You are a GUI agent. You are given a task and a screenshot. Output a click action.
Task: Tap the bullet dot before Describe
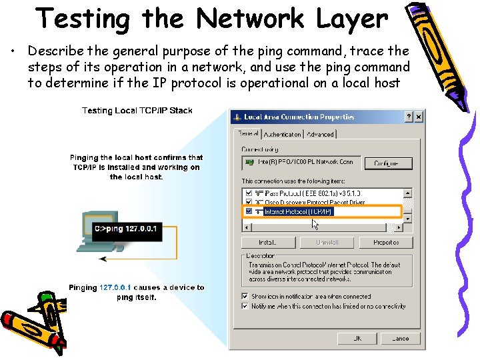click(16, 52)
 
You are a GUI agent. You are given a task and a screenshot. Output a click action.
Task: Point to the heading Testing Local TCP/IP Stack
click(137, 111)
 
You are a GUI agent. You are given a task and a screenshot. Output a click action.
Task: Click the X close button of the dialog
click(418, 117)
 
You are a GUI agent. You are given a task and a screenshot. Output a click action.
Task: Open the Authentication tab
click(282, 134)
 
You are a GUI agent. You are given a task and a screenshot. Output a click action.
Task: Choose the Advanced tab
click(320, 134)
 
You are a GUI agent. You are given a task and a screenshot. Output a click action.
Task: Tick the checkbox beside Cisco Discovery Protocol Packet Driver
click(249, 202)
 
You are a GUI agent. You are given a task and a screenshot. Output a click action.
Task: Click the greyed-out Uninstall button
click(327, 243)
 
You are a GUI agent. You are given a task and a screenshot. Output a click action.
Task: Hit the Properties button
click(385, 243)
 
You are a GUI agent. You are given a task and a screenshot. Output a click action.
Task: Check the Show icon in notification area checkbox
click(245, 297)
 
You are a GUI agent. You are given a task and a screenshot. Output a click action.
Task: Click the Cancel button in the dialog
click(400, 339)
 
